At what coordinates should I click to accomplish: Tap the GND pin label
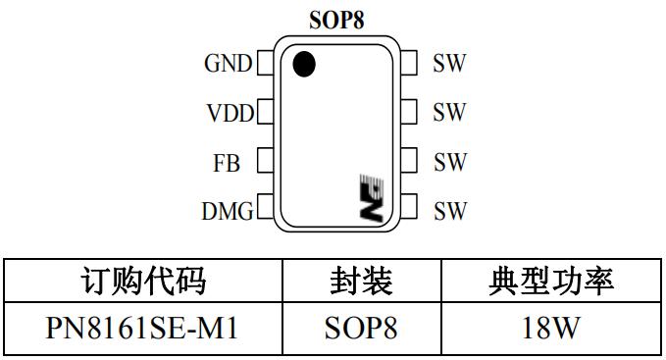[x=228, y=65]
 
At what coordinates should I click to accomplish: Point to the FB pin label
[x=227, y=163]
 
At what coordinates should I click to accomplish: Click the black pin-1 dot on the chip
[x=305, y=64]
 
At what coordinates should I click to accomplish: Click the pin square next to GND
[x=263, y=65]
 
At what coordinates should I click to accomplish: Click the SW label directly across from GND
[x=449, y=65]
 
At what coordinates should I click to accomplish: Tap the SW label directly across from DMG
[x=449, y=210]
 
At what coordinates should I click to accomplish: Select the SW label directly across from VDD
[x=449, y=114]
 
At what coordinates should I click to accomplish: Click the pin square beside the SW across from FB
[x=409, y=161]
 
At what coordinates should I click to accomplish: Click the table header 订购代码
[x=142, y=283]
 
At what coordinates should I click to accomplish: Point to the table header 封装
[x=361, y=283]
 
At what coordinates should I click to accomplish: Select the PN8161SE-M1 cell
[x=142, y=329]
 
